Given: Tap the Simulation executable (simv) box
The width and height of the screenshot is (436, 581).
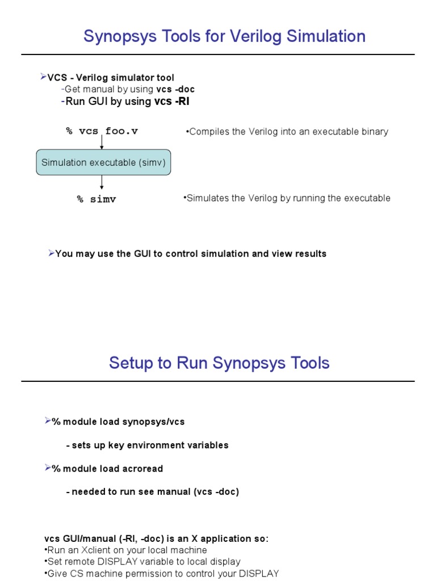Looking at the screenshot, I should click(x=103, y=163).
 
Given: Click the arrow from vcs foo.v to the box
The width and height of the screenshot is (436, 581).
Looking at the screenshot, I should click(x=102, y=142).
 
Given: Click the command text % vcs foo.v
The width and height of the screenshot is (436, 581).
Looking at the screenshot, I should click(x=102, y=132).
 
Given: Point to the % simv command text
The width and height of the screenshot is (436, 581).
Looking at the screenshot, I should click(x=97, y=200).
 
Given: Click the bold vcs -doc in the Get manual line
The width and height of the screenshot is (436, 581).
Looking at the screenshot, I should click(x=175, y=89).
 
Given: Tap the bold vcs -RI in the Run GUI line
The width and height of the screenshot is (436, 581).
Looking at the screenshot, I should click(x=171, y=102).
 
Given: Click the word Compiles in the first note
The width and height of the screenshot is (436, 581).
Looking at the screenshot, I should click(x=208, y=132).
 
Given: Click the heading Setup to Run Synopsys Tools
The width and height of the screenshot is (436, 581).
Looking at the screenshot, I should click(x=219, y=363).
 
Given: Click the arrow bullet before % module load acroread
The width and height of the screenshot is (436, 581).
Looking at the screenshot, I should click(x=48, y=468).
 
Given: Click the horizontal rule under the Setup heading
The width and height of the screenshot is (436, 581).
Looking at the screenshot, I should click(x=218, y=381).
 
